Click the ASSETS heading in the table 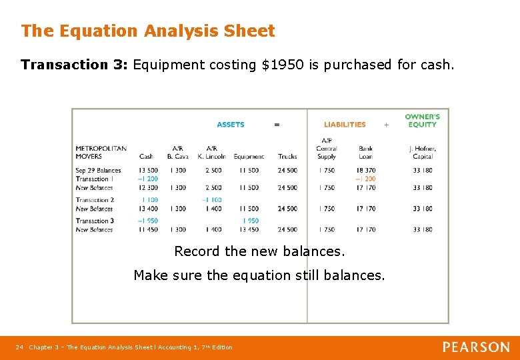[x=231, y=125]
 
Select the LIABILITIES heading [x=345, y=125]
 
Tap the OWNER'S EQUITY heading [x=422, y=121]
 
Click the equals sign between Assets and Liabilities [x=277, y=125]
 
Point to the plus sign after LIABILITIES [x=386, y=125]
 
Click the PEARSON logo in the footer [x=476, y=347]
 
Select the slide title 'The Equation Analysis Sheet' [x=147, y=31]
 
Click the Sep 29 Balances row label [x=98, y=171]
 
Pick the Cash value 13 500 [x=148, y=171]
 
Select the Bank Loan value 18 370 [x=365, y=171]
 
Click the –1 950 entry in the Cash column [x=148, y=221]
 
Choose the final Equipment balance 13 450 [x=249, y=229]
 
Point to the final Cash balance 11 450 [x=148, y=229]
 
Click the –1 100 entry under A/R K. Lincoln [x=211, y=200]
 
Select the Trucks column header [x=287, y=157]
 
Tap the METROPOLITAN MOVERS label [x=101, y=153]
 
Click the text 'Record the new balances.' [x=259, y=252]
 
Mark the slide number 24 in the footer [x=19, y=347]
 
